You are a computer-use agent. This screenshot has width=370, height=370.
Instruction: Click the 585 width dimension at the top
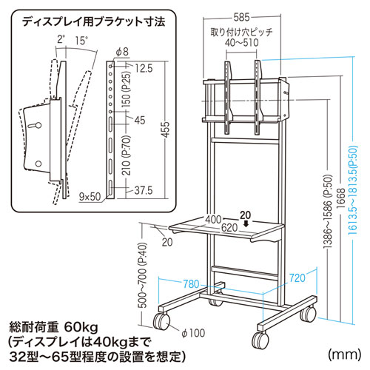(x=241, y=17)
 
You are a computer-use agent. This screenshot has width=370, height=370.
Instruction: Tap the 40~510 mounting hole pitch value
(x=242, y=43)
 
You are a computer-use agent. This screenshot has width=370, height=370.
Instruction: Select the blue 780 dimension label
(x=191, y=284)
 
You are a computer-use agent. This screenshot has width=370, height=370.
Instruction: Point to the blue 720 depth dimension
(x=297, y=278)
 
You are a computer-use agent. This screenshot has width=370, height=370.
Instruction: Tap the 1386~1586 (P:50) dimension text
(x=329, y=212)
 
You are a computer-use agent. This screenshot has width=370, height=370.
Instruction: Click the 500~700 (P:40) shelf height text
(x=142, y=275)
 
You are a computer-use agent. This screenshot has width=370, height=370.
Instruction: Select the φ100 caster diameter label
(x=193, y=333)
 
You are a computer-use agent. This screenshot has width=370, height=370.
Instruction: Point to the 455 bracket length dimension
(x=166, y=129)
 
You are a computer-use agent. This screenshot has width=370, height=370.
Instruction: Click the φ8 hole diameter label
(x=122, y=52)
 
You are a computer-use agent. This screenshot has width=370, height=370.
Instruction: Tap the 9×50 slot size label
(x=90, y=197)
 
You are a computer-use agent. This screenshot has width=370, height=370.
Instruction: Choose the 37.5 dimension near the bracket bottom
(x=144, y=190)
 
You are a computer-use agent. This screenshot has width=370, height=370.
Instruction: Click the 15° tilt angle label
(x=81, y=41)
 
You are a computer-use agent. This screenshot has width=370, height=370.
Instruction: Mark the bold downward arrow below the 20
(x=246, y=224)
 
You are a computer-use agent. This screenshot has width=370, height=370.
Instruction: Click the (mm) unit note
(x=345, y=354)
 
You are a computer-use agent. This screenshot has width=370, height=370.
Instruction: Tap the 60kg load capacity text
(x=81, y=327)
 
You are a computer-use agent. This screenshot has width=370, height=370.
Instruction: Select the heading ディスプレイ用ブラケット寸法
(x=93, y=22)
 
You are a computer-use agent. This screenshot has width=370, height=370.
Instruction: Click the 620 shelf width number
(x=229, y=228)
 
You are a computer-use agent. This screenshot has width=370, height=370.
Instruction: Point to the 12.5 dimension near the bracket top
(x=144, y=68)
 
